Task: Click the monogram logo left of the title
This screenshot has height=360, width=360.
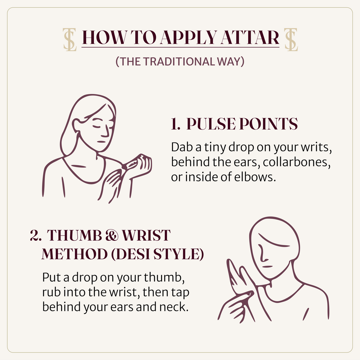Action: [70, 39]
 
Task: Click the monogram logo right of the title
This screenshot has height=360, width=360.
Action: [291, 39]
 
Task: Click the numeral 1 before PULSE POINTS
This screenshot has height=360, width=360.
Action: [175, 124]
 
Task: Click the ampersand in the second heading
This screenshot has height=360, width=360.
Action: [112, 235]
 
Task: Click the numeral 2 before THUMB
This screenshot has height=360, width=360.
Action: [36, 235]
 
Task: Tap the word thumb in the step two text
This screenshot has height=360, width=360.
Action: [164, 277]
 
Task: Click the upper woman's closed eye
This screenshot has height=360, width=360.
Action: [97, 126]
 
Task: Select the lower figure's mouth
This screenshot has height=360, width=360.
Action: [268, 267]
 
